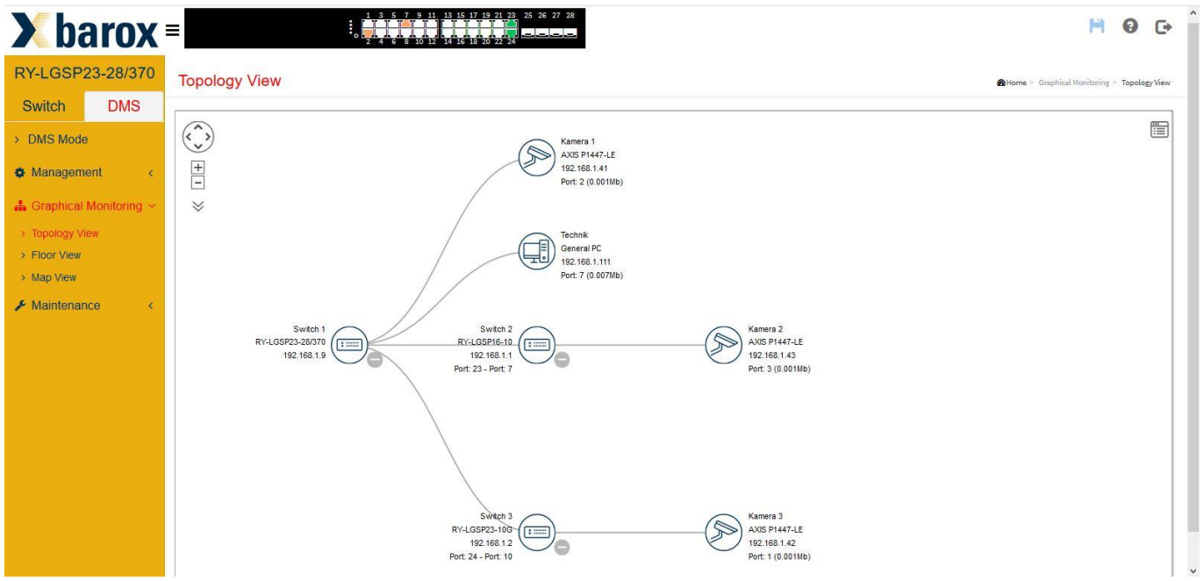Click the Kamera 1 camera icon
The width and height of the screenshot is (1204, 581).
click(536, 157)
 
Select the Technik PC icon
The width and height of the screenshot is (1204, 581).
click(536, 251)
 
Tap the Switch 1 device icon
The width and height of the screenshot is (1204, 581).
click(349, 345)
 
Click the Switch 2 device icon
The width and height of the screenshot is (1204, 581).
click(536, 345)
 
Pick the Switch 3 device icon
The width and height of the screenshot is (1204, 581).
click(536, 532)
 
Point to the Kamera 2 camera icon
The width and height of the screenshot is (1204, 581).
click(723, 345)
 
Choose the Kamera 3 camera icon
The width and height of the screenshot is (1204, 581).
click(723, 532)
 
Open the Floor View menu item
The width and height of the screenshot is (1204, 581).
click(56, 255)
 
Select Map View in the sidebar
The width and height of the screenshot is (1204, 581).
click(54, 277)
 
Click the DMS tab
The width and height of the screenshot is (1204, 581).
click(124, 106)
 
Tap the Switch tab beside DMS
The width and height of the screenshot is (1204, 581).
click(44, 106)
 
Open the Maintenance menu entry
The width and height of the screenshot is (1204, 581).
click(66, 305)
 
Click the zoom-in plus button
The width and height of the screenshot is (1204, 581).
click(197, 168)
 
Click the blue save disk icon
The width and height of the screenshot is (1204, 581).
click(1097, 25)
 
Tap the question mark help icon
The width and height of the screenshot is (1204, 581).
click(1129, 25)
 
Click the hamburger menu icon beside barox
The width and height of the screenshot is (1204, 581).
click(173, 30)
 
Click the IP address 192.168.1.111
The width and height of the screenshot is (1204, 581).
click(586, 262)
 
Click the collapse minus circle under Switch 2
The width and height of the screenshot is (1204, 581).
click(562, 360)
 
